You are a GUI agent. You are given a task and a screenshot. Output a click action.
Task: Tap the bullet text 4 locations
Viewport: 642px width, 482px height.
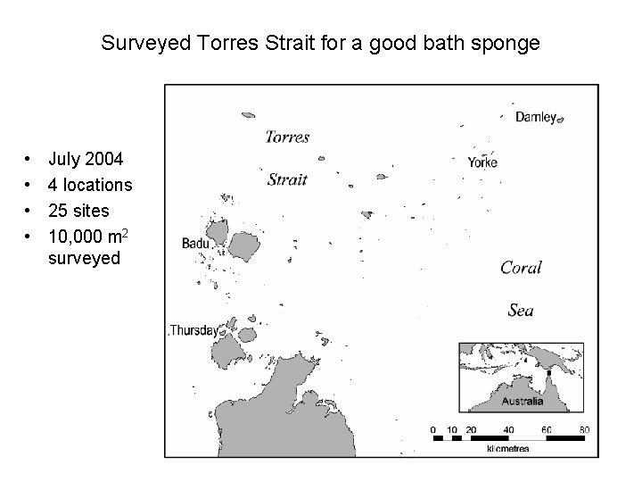(90, 186)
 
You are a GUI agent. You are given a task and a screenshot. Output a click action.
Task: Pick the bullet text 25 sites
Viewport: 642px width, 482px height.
(79, 211)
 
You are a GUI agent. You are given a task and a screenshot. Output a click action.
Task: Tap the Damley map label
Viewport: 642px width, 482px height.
(536, 117)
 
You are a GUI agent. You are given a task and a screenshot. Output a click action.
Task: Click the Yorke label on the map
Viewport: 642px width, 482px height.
(482, 162)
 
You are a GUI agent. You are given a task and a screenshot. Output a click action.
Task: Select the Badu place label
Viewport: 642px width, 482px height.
(195, 243)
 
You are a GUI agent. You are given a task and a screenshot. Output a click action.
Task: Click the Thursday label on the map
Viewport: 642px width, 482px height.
(193, 329)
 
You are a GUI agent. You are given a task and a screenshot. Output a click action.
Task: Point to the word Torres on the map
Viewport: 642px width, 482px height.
(288, 137)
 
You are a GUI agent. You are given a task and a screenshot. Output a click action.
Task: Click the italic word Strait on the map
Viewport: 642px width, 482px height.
(287, 179)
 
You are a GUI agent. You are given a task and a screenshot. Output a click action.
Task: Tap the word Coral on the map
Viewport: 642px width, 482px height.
(521, 268)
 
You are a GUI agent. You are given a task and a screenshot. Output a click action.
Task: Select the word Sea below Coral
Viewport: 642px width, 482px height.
(521, 310)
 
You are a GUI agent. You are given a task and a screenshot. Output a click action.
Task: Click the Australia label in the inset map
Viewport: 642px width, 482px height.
(523, 402)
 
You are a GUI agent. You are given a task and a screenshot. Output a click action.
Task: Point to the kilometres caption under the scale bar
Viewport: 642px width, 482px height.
(508, 448)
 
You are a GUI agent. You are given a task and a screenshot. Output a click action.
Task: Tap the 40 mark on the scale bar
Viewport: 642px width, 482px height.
(508, 429)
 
